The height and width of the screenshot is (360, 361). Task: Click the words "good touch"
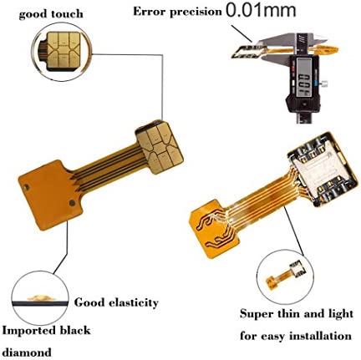click(x=51, y=14)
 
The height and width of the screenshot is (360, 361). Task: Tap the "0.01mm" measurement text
click(x=261, y=10)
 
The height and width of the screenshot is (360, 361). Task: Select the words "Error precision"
click(x=177, y=12)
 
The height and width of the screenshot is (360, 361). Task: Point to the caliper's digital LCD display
click(x=303, y=78)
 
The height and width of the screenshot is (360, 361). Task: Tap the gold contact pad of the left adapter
click(x=160, y=147)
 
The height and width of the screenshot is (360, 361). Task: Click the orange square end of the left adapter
click(x=50, y=195)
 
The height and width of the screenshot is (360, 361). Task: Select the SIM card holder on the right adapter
click(x=323, y=170)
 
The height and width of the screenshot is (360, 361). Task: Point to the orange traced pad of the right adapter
click(x=214, y=229)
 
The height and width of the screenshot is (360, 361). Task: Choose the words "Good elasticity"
click(x=116, y=302)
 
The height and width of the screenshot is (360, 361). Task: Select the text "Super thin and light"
click(x=297, y=314)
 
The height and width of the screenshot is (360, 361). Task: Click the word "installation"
click(x=320, y=336)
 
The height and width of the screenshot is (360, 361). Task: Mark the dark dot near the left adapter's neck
click(x=72, y=202)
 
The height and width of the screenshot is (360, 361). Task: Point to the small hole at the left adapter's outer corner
click(x=27, y=187)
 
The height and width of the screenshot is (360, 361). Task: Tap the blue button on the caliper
click(x=315, y=83)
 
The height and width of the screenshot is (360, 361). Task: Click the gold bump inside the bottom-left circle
click(x=40, y=298)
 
